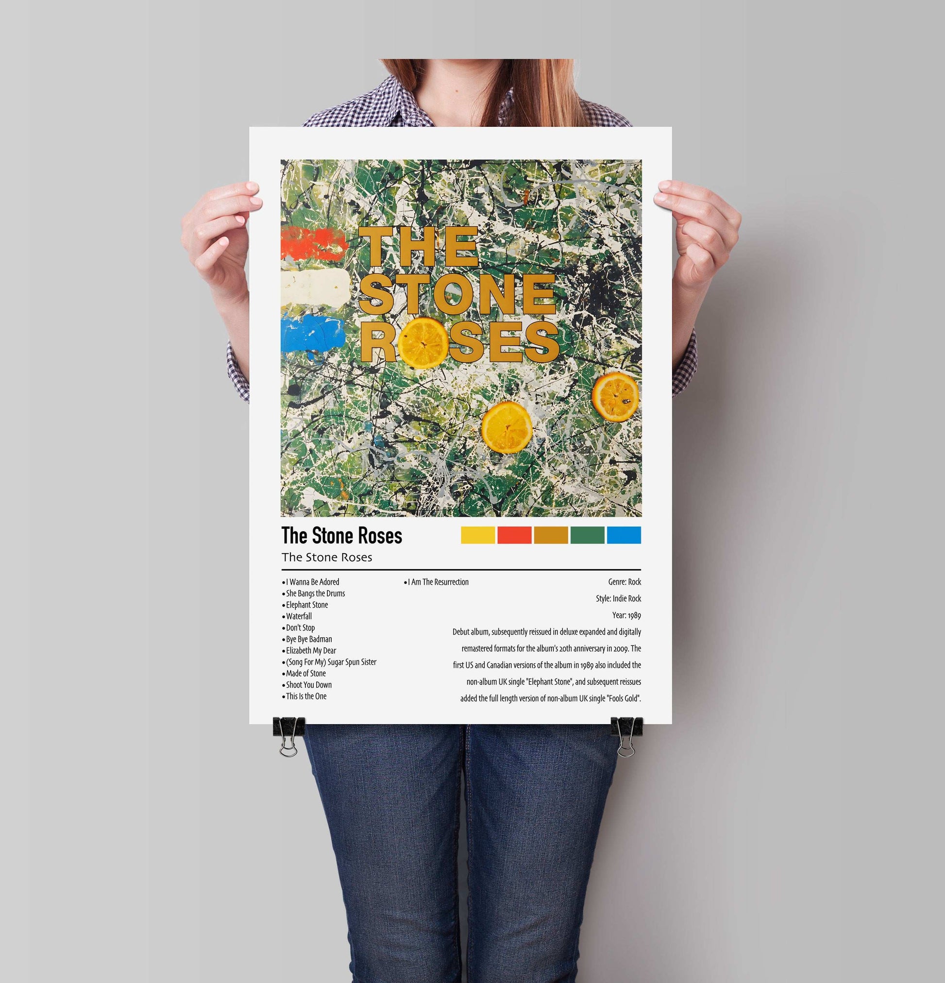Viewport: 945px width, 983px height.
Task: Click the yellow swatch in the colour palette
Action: [477, 535]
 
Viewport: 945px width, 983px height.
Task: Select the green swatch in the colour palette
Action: [587, 535]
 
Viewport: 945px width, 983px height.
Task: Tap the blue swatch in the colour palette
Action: [624, 535]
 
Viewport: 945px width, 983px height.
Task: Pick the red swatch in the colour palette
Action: [514, 535]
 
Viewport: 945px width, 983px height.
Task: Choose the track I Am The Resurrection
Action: [438, 582]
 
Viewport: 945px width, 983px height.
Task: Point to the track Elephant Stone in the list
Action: [306, 605]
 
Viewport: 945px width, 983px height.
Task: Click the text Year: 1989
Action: [626, 615]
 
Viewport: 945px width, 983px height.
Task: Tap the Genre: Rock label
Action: [624, 582]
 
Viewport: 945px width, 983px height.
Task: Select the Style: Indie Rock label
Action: [618, 599]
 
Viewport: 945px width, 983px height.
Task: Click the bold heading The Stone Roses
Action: [341, 536]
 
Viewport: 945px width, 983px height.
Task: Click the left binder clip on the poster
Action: [288, 733]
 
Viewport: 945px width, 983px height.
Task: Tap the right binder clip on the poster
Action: [626, 733]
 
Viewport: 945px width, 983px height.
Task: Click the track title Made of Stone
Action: [305, 674]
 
